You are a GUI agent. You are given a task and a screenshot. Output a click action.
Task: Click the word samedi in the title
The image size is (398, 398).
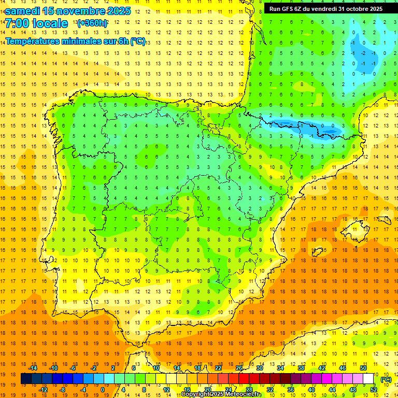[23, 11]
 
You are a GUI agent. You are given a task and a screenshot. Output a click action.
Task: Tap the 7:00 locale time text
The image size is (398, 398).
[36, 23]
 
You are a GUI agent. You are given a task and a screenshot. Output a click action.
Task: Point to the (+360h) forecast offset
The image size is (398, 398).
[92, 23]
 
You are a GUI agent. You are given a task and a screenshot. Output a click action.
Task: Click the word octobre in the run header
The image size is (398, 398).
[354, 8]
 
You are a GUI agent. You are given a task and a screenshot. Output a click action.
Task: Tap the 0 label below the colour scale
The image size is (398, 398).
[103, 390]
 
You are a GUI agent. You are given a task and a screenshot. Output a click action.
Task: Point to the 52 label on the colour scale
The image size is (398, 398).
[374, 390]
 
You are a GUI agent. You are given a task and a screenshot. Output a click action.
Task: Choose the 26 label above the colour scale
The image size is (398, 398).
[239, 368]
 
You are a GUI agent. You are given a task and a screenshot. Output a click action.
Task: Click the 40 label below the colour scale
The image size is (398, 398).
[311, 390]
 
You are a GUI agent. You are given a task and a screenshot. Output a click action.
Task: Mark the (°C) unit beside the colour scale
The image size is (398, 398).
[386, 379]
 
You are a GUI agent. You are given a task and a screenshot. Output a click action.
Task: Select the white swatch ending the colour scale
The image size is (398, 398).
[368, 379]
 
